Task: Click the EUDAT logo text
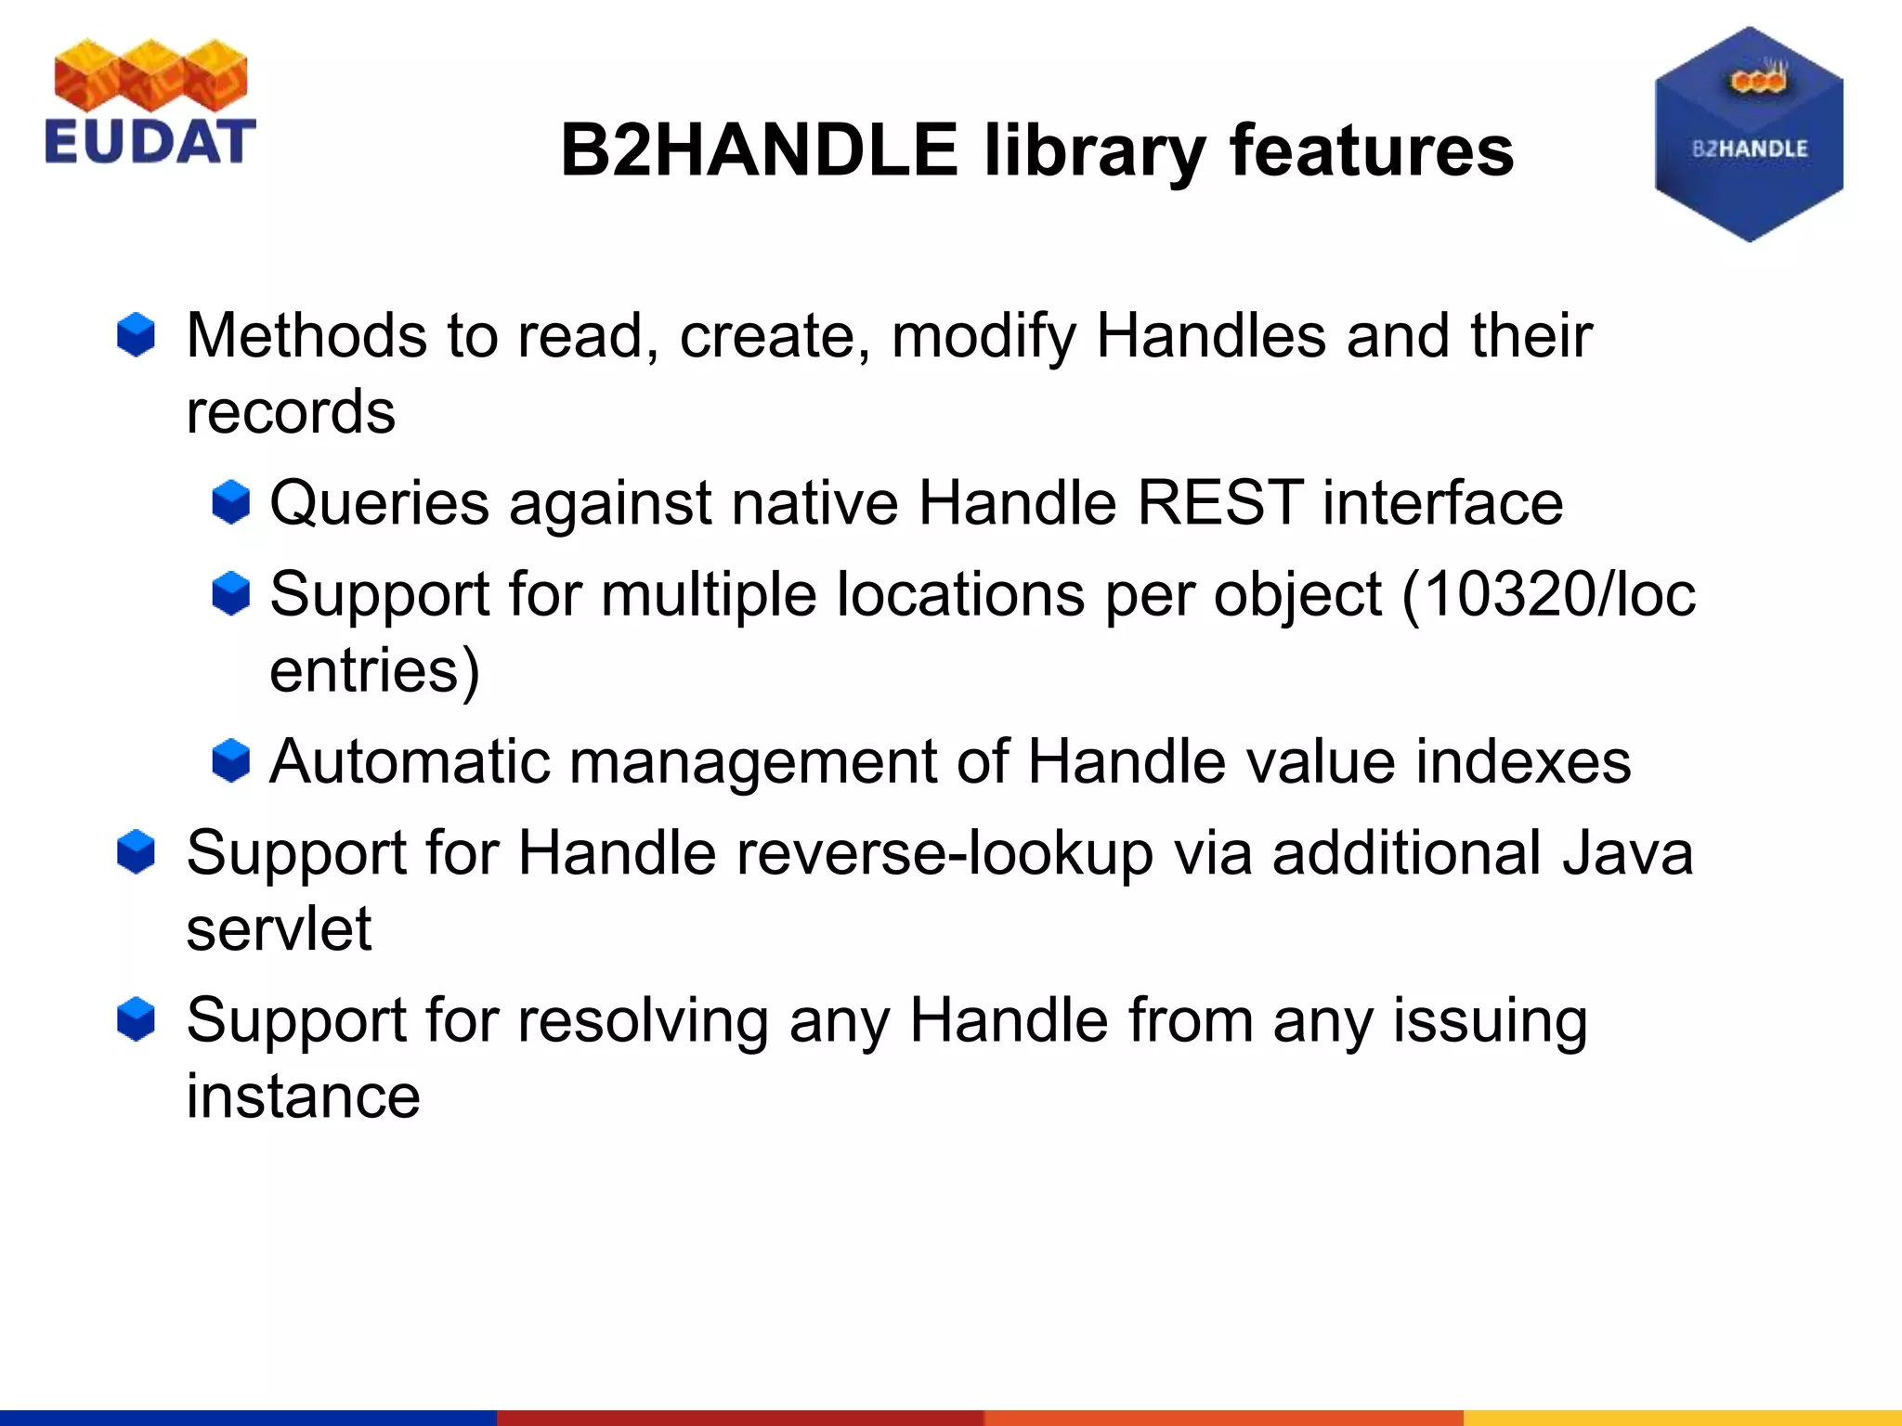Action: coord(149,141)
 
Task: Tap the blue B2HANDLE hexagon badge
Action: coord(1749,136)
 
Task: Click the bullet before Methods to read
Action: coord(136,335)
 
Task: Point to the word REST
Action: coord(1219,503)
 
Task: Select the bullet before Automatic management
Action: coord(230,761)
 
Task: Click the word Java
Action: coord(1627,853)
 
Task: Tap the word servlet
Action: coord(279,928)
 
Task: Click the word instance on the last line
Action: coord(303,1096)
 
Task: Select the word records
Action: coord(290,412)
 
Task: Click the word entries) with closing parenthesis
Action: coord(374,670)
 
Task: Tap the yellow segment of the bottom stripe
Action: coord(1681,1418)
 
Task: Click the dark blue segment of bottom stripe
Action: coord(247,1418)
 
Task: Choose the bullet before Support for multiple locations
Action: coord(230,594)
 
